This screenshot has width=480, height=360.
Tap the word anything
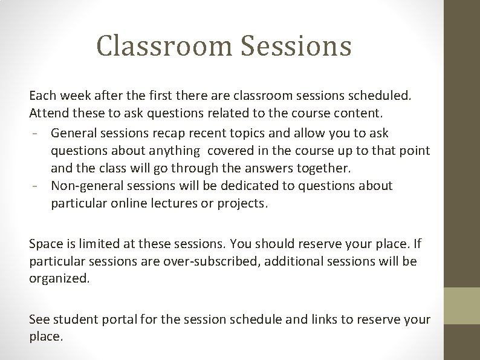[x=170, y=150]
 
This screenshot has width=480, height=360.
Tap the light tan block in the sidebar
[x=462, y=305]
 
